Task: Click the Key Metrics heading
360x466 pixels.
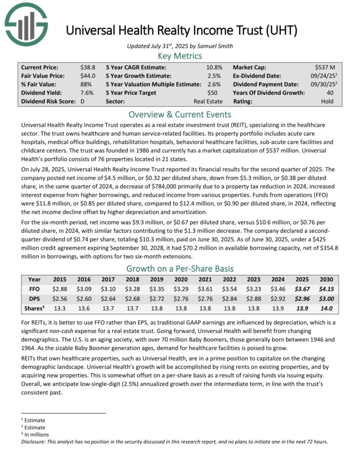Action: coord(180,56)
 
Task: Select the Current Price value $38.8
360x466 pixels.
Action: coord(87,67)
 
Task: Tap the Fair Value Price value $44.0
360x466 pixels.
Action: coord(87,76)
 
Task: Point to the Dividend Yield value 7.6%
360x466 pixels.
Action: coord(87,92)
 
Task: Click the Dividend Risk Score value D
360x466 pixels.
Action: coord(82,101)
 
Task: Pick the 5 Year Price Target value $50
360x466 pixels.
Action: coord(215,92)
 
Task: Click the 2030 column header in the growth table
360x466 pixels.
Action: coord(326,279)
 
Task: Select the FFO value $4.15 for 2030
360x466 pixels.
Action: coord(326,288)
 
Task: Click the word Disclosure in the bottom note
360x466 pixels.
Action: coord(34,441)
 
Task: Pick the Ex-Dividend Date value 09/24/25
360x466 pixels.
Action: coord(322,76)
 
